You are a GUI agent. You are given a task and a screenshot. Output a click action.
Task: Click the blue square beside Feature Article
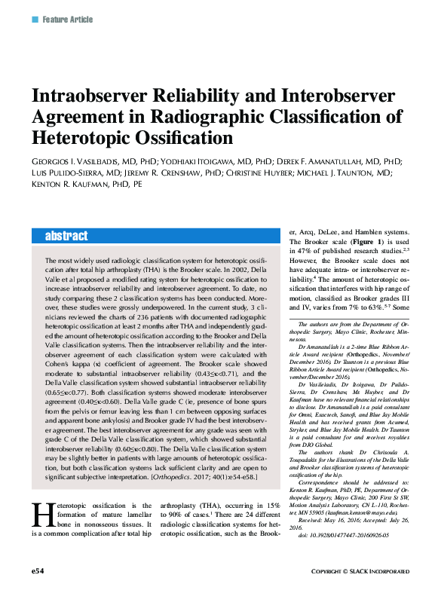coord(34,19)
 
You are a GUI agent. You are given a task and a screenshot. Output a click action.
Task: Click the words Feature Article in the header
coord(68,19)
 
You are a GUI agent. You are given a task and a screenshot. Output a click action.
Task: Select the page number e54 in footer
coord(38,572)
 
